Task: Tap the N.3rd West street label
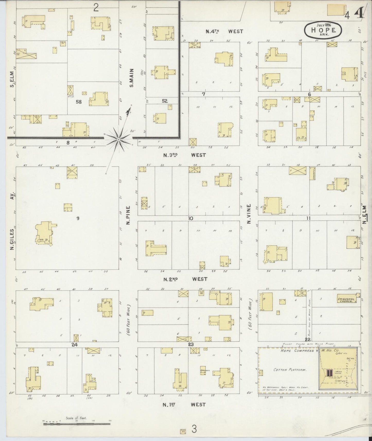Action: (x=185, y=155)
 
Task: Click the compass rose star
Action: (x=118, y=139)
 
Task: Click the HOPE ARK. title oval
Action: (x=324, y=30)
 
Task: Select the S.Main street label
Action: (x=131, y=78)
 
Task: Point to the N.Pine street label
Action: (x=128, y=215)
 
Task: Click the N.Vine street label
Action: (x=249, y=215)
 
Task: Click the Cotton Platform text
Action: (x=290, y=370)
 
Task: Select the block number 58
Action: (x=79, y=102)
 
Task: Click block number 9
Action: (x=77, y=218)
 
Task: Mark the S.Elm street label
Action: (x=12, y=79)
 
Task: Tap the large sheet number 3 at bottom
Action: (x=194, y=429)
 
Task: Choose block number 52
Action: (x=165, y=101)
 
